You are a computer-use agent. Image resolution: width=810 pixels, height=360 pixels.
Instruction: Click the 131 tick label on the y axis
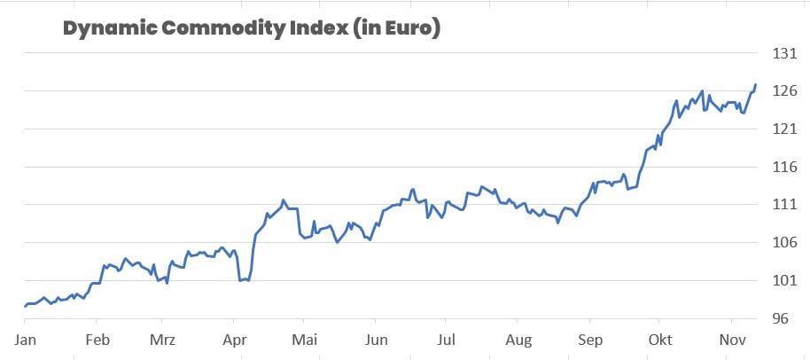785,54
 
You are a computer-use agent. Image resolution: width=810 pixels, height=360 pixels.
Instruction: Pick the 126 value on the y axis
785,91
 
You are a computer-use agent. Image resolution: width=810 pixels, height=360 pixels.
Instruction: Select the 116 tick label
785,168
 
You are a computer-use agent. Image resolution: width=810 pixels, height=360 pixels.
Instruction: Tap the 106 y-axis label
785,243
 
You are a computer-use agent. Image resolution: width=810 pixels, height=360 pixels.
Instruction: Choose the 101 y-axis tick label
785,281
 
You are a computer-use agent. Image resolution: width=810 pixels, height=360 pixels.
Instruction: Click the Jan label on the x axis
25,340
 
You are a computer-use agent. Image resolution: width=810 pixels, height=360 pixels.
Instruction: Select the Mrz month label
162,340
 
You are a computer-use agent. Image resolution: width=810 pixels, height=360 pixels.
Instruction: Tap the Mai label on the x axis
304,340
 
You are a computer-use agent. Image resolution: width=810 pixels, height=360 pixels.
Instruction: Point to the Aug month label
518,340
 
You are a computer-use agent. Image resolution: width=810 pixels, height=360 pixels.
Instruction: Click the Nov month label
731,340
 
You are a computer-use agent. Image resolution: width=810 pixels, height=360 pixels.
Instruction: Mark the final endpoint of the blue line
755,85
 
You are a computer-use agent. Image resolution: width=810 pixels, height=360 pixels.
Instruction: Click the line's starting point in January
25,306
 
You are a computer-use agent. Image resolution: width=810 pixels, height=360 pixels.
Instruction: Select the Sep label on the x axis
589,340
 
